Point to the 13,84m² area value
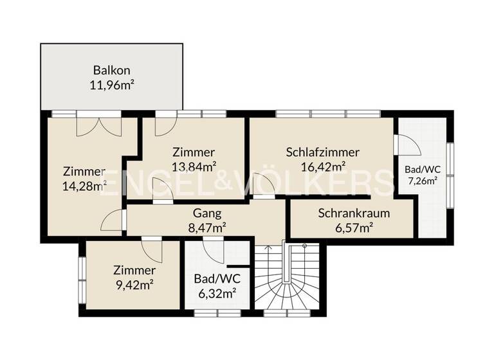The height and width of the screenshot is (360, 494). tap(193, 166)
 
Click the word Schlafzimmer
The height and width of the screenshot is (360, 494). tap(322, 152)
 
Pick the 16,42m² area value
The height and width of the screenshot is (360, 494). tap(322, 166)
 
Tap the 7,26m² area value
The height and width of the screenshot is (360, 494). tap(422, 181)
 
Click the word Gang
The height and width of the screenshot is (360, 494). tap(207, 213)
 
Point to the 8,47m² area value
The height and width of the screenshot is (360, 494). tap(207, 227)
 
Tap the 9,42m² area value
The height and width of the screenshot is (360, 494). tap(134, 283)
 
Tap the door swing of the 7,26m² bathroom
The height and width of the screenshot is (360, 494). tap(407, 145)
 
